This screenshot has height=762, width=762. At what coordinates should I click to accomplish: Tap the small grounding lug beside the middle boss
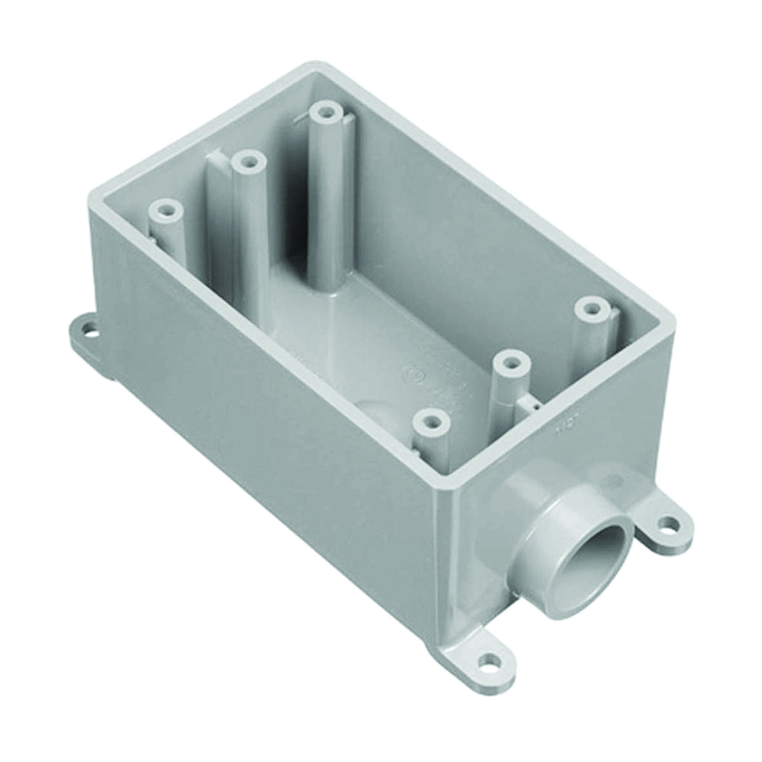point(529,401)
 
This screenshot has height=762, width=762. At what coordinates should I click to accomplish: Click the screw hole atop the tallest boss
point(326,112)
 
